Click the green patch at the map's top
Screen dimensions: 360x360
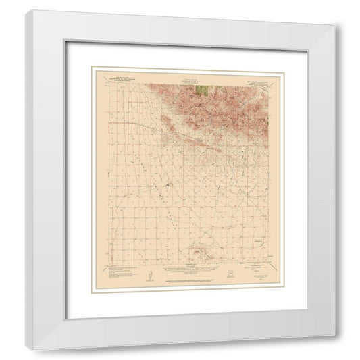pyautogui.click(x=200, y=88)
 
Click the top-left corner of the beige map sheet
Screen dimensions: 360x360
pyautogui.click(x=93, y=67)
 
